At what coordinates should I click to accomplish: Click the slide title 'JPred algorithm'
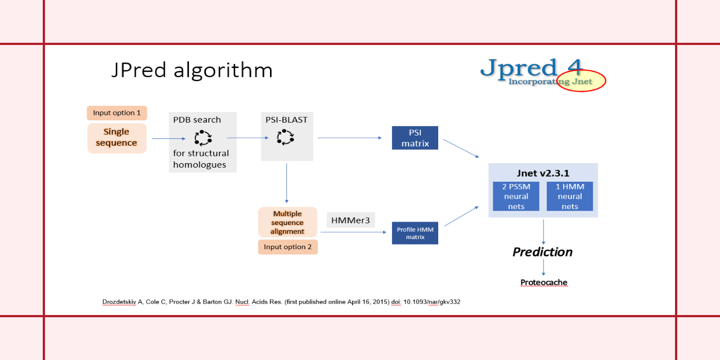[192, 70]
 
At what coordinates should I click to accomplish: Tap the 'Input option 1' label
[117, 113]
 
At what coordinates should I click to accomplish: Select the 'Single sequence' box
[116, 138]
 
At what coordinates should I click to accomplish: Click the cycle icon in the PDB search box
[202, 137]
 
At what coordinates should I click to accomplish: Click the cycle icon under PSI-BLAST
[286, 137]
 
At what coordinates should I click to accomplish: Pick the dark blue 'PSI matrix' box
[415, 138]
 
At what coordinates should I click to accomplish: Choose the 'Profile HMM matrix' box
[415, 233]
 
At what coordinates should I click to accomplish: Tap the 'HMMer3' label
[350, 220]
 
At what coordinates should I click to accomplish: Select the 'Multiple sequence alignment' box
[287, 222]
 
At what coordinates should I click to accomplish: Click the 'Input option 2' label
[287, 247]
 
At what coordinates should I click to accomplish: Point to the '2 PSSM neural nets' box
[516, 196]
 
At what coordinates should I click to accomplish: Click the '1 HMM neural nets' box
[570, 196]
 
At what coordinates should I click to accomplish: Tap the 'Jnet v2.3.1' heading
[543, 173]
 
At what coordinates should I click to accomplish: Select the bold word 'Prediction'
[542, 252]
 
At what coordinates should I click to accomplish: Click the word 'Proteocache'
[543, 282]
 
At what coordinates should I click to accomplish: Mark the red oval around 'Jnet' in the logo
[581, 81]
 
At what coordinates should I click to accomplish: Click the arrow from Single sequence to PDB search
[168, 138]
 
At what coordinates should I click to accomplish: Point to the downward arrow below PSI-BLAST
[287, 183]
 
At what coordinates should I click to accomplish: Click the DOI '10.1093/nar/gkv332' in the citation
[431, 302]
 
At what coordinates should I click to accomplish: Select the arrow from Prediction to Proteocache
[543, 267]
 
